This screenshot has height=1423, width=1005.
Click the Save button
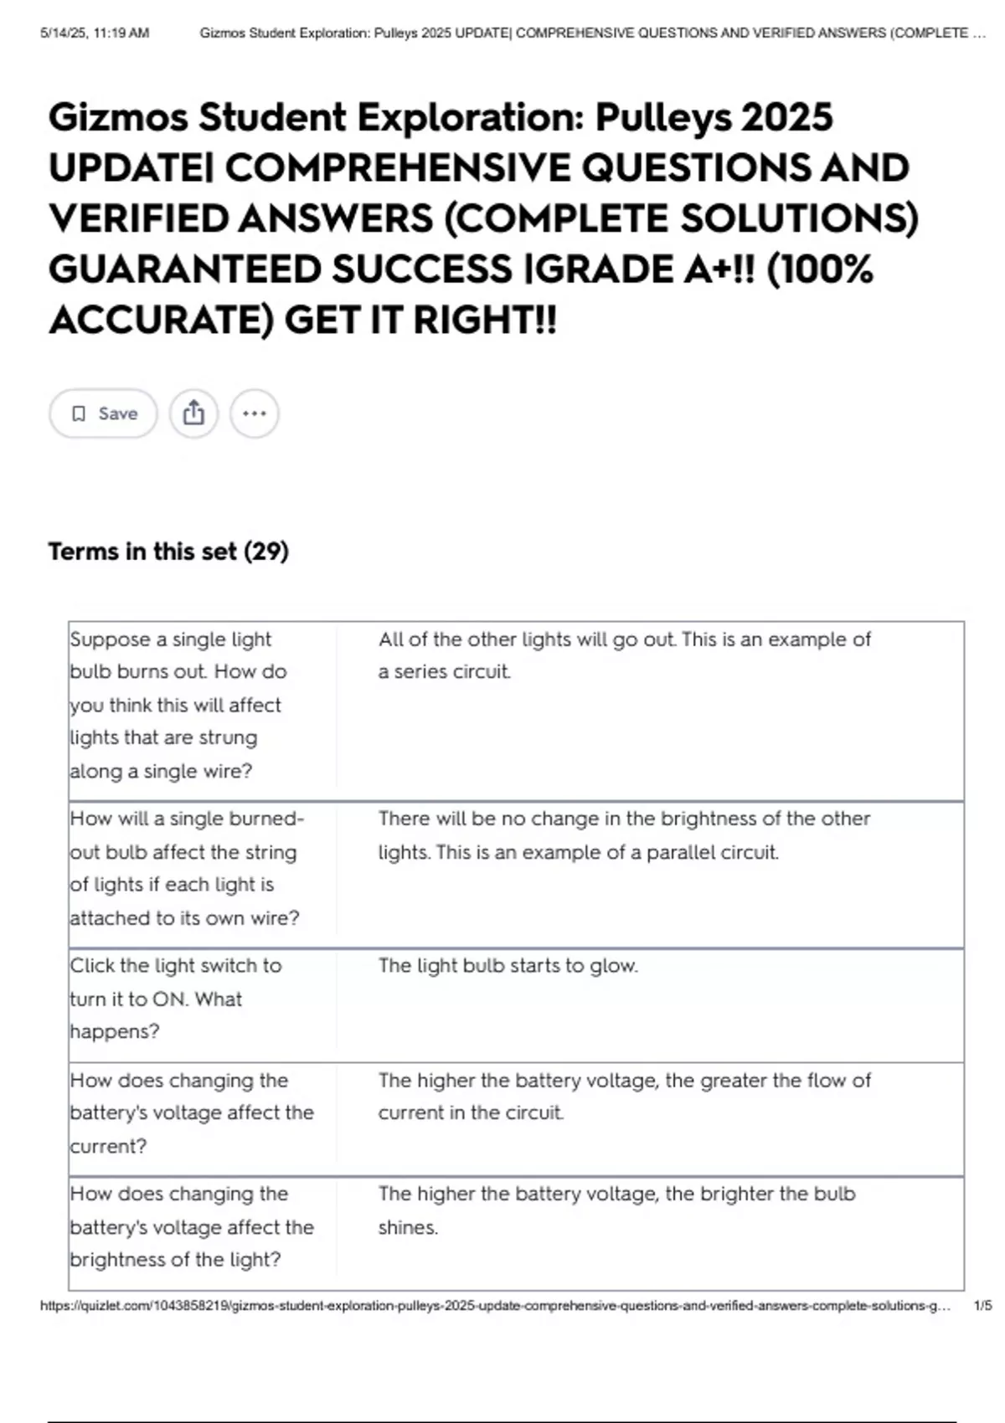[x=103, y=414]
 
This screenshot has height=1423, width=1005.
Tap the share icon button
[x=193, y=414]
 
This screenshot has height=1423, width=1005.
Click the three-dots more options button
[x=255, y=414]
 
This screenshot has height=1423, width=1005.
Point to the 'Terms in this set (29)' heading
[x=168, y=552]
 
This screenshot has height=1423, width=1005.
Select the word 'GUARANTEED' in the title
[x=183, y=270]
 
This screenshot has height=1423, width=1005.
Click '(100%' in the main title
[x=819, y=270]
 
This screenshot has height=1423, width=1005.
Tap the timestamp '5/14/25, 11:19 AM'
[x=95, y=33]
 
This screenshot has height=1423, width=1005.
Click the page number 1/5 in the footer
[x=982, y=1306]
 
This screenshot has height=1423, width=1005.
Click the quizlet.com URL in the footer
[x=494, y=1306]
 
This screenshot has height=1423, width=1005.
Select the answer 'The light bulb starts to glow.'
[x=508, y=966]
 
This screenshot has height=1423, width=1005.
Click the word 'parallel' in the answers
[x=680, y=853]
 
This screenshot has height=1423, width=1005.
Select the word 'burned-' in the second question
[x=265, y=819]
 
